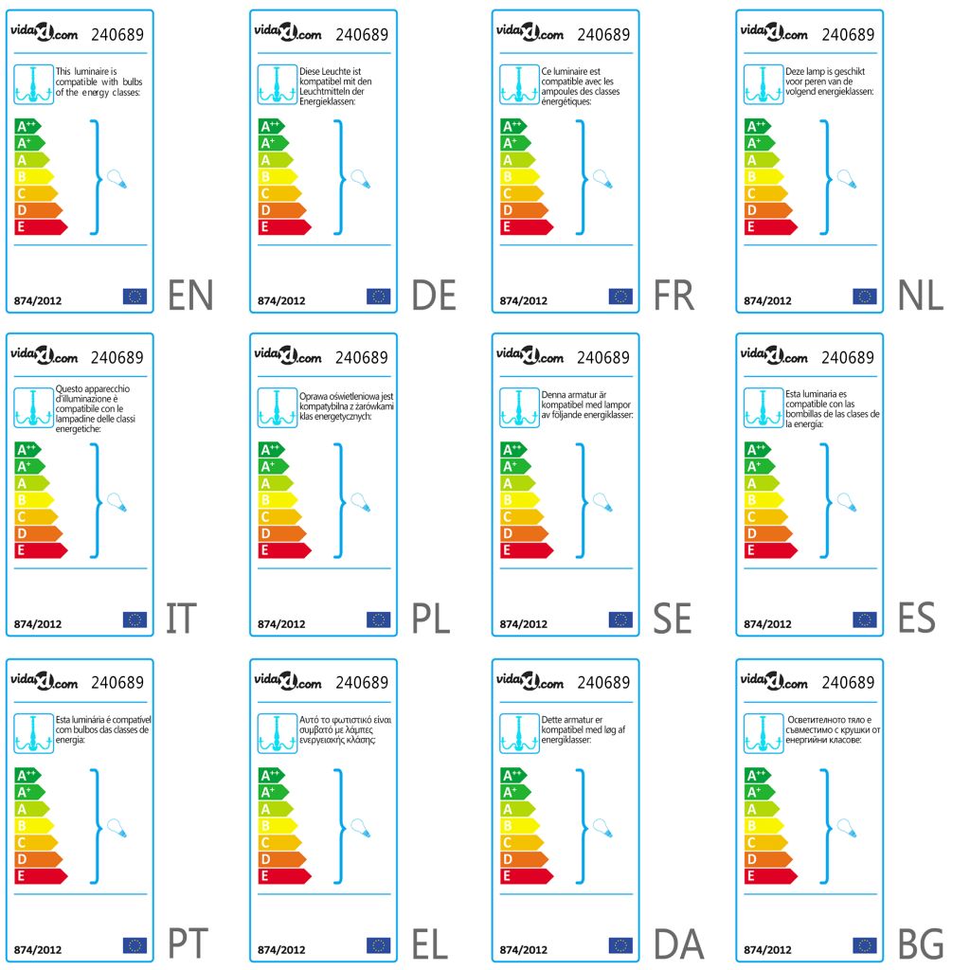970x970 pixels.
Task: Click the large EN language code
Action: coord(190,296)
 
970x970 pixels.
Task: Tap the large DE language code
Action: coord(434,296)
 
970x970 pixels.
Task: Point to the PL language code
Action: coord(432,620)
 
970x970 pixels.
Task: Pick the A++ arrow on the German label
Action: coord(272,126)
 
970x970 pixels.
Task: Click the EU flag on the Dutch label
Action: coord(864,296)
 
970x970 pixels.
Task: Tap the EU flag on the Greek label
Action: coord(378,944)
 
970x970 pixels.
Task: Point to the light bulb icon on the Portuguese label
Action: coord(115,827)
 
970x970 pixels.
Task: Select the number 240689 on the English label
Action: coord(117,35)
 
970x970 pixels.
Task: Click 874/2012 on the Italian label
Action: coord(38,624)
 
